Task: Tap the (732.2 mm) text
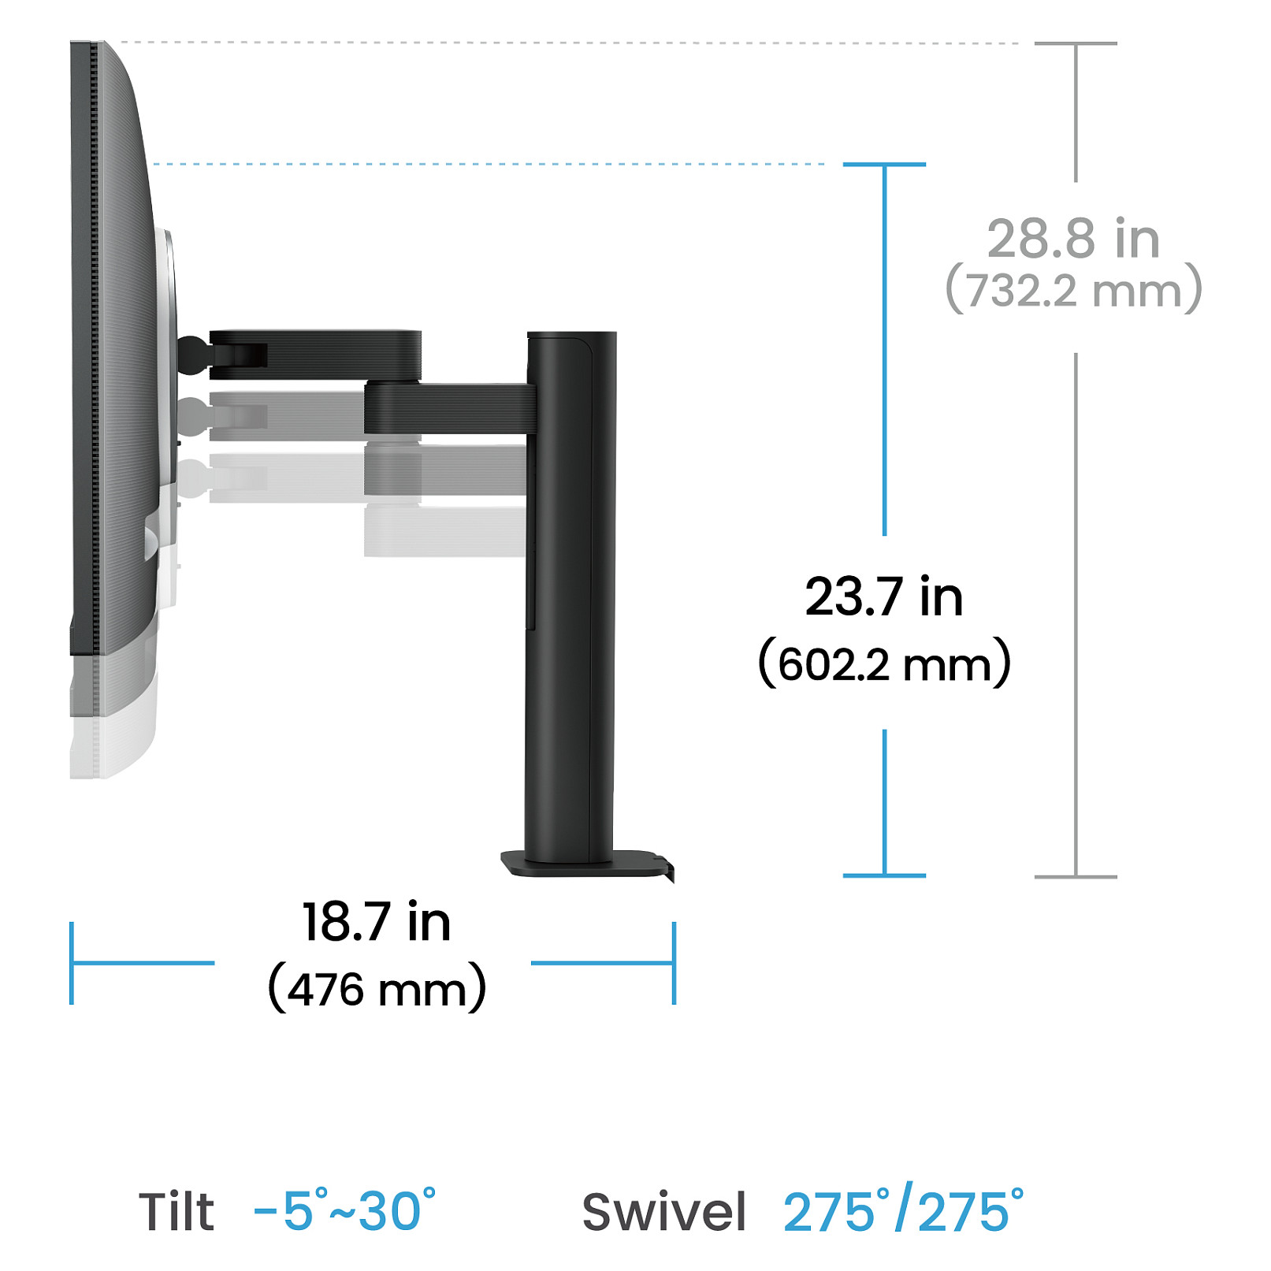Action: tap(1073, 290)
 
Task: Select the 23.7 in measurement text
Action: tap(884, 596)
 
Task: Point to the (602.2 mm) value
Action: tap(884, 663)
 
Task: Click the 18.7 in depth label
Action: tap(377, 921)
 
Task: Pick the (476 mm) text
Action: tap(377, 988)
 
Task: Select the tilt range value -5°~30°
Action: tap(345, 1210)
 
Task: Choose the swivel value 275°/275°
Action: tap(904, 1209)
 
